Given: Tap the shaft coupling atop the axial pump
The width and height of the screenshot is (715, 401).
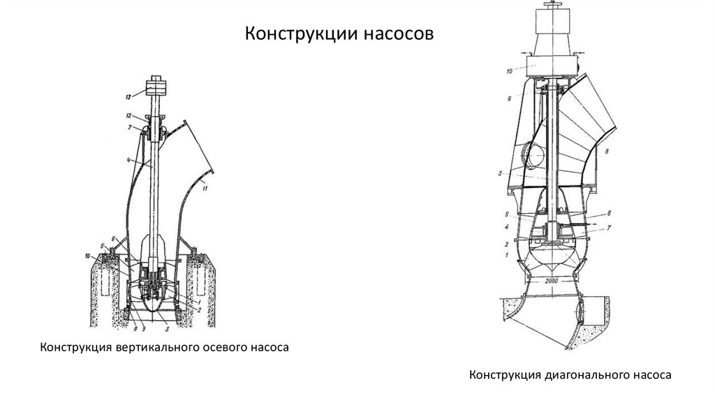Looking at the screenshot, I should pos(155,89).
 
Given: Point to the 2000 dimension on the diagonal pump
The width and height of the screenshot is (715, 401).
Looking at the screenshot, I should pos(556,281).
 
